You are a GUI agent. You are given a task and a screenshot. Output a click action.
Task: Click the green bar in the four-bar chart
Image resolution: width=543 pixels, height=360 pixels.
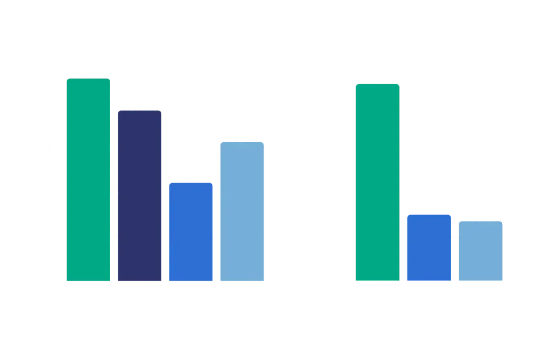[89, 179]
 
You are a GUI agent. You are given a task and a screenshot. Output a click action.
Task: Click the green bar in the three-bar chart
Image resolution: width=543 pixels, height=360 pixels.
[376, 181]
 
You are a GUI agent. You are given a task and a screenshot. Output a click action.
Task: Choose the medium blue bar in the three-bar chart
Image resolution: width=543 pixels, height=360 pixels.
[428, 247]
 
